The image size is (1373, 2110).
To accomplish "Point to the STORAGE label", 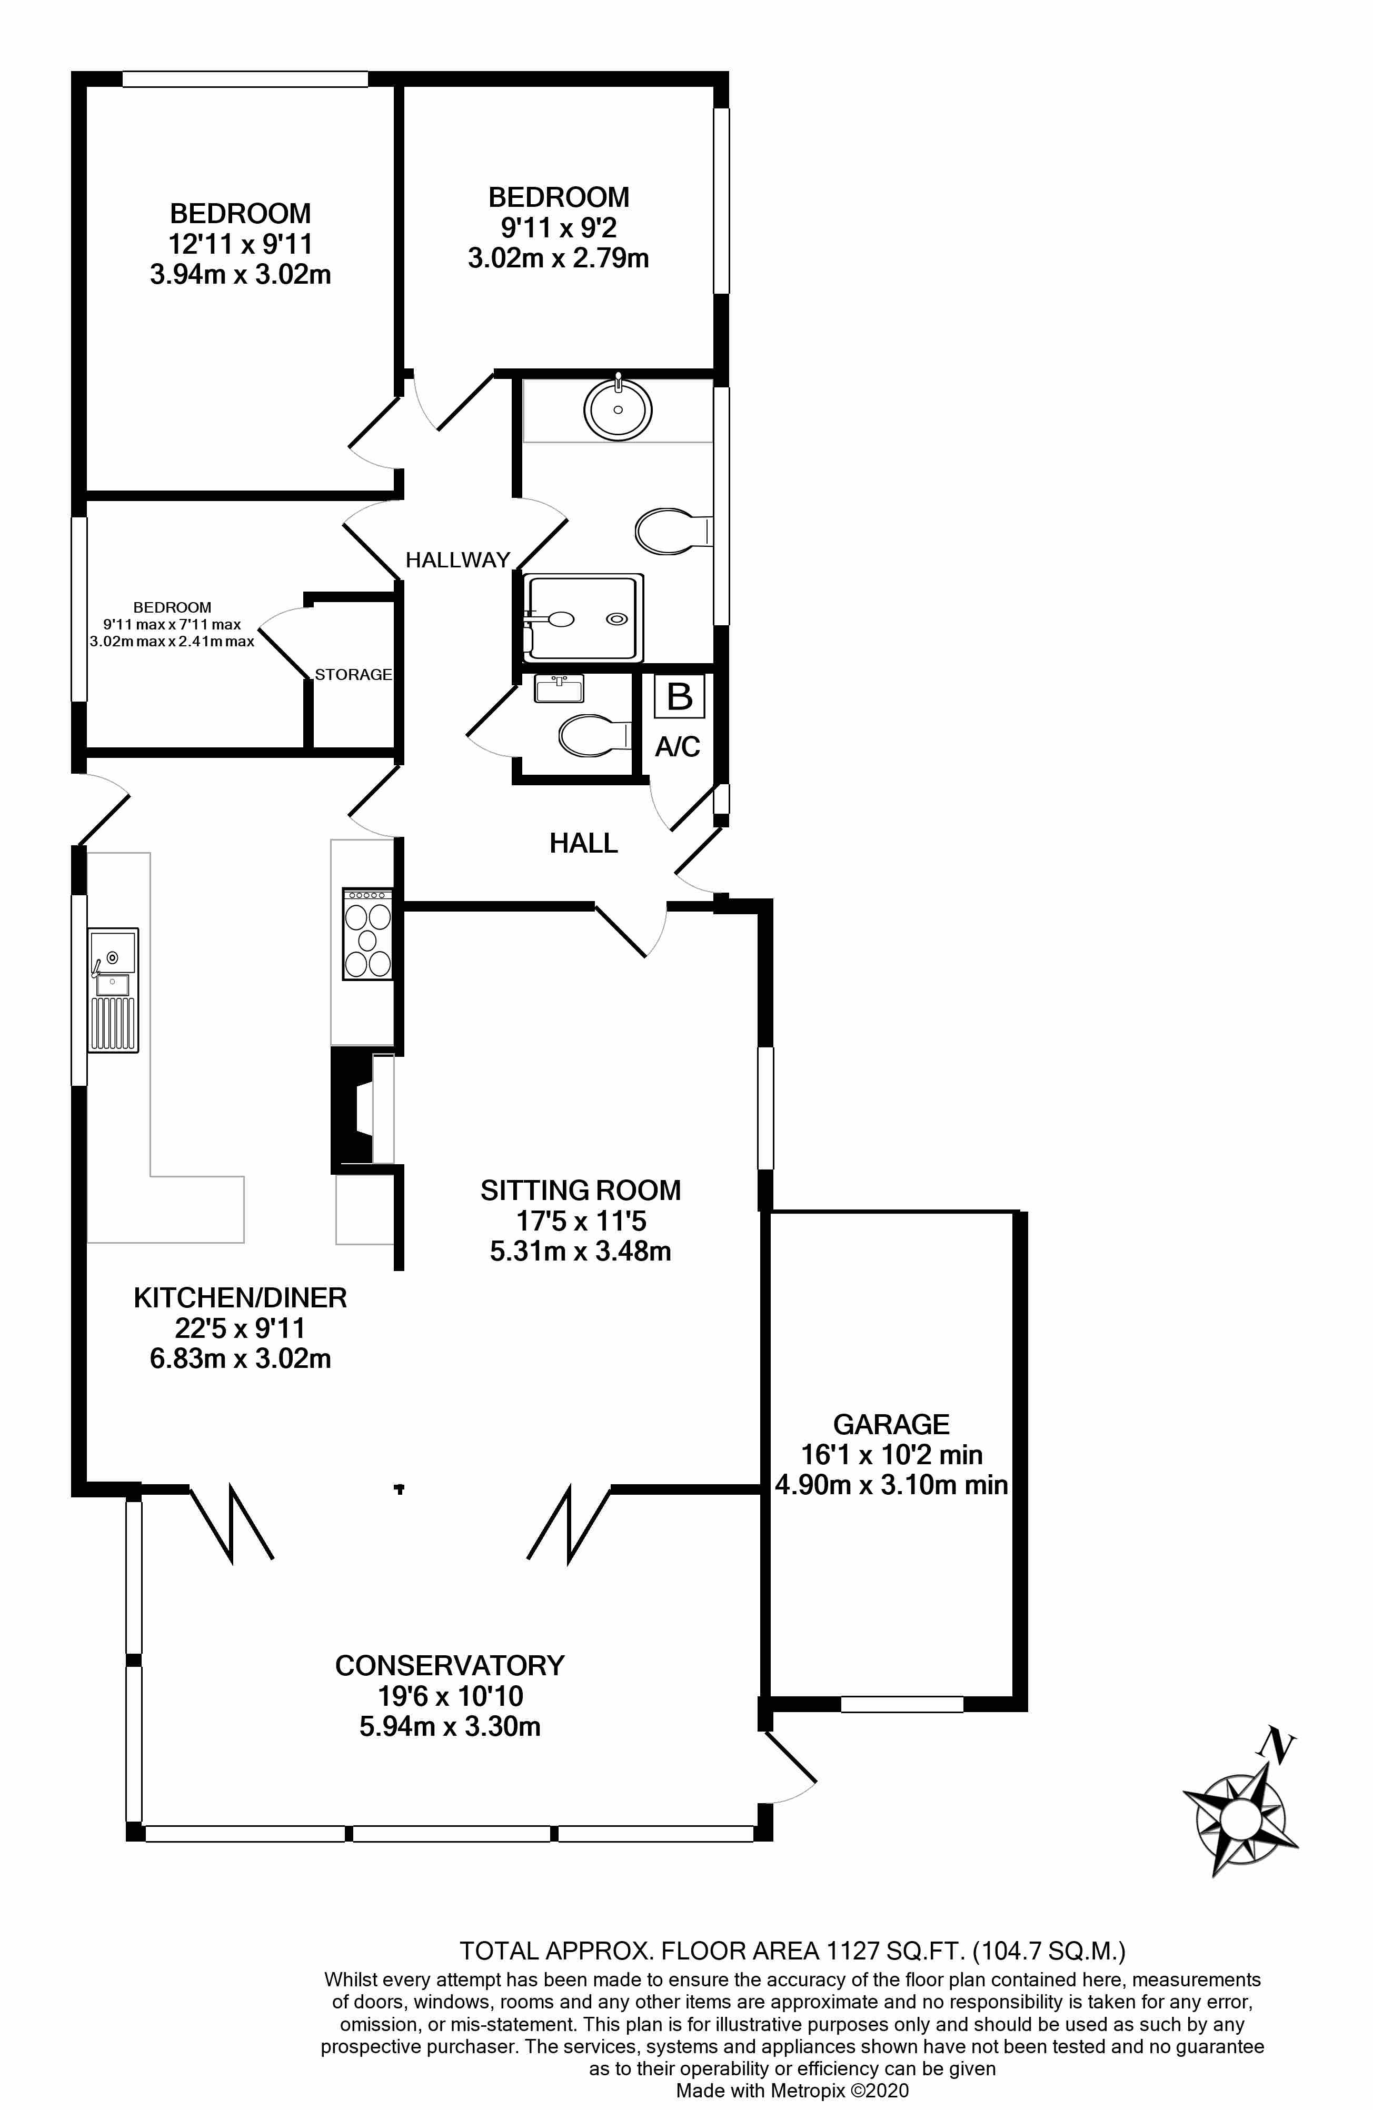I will point(353,675).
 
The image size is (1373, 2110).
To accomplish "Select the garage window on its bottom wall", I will point(901,1703).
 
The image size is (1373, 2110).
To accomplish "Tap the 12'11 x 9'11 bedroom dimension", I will point(241,244).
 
